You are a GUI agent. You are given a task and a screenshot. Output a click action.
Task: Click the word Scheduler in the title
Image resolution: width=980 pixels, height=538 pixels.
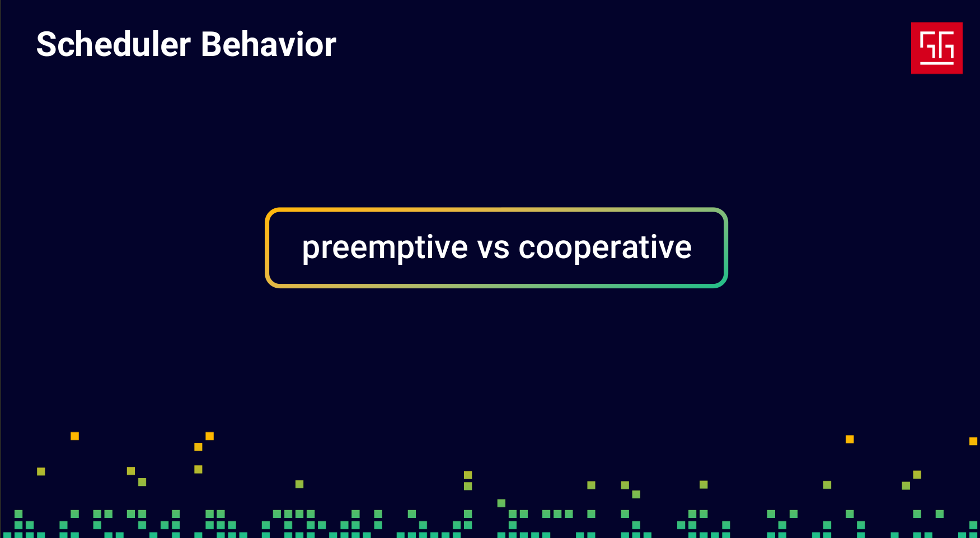114,44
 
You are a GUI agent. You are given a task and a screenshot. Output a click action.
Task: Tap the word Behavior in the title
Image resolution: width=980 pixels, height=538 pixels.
269,44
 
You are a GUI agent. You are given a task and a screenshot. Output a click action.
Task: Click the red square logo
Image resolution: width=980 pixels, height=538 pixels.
936,48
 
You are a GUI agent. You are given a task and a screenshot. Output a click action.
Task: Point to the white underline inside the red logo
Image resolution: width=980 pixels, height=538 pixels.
937,63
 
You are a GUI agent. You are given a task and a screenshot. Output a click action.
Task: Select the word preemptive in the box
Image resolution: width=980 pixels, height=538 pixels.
385,248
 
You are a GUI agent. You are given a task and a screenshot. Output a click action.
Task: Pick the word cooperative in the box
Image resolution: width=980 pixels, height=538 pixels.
605,248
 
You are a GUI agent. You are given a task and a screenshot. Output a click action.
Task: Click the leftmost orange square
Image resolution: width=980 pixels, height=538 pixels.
74,436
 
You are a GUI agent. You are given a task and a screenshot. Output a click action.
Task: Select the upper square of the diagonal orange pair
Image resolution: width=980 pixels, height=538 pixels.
209,436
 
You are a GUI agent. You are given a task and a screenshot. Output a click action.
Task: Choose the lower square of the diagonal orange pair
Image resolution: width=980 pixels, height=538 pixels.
198,447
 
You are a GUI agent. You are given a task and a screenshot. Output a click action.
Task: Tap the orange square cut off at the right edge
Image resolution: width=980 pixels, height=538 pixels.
973,441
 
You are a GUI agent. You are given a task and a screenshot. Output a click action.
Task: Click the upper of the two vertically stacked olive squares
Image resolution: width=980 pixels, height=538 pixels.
468,475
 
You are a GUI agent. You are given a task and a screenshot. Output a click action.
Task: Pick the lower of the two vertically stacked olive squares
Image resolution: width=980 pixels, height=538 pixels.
468,486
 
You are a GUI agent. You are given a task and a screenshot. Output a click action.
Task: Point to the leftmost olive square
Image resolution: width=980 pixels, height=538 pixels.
41,471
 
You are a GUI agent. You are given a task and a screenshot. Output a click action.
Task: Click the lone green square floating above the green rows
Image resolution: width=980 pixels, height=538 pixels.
501,503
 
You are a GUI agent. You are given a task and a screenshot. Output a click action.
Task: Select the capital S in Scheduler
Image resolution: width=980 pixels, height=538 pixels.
47,44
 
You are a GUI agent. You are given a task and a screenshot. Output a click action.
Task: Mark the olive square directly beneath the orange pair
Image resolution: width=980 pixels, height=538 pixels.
198,469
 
